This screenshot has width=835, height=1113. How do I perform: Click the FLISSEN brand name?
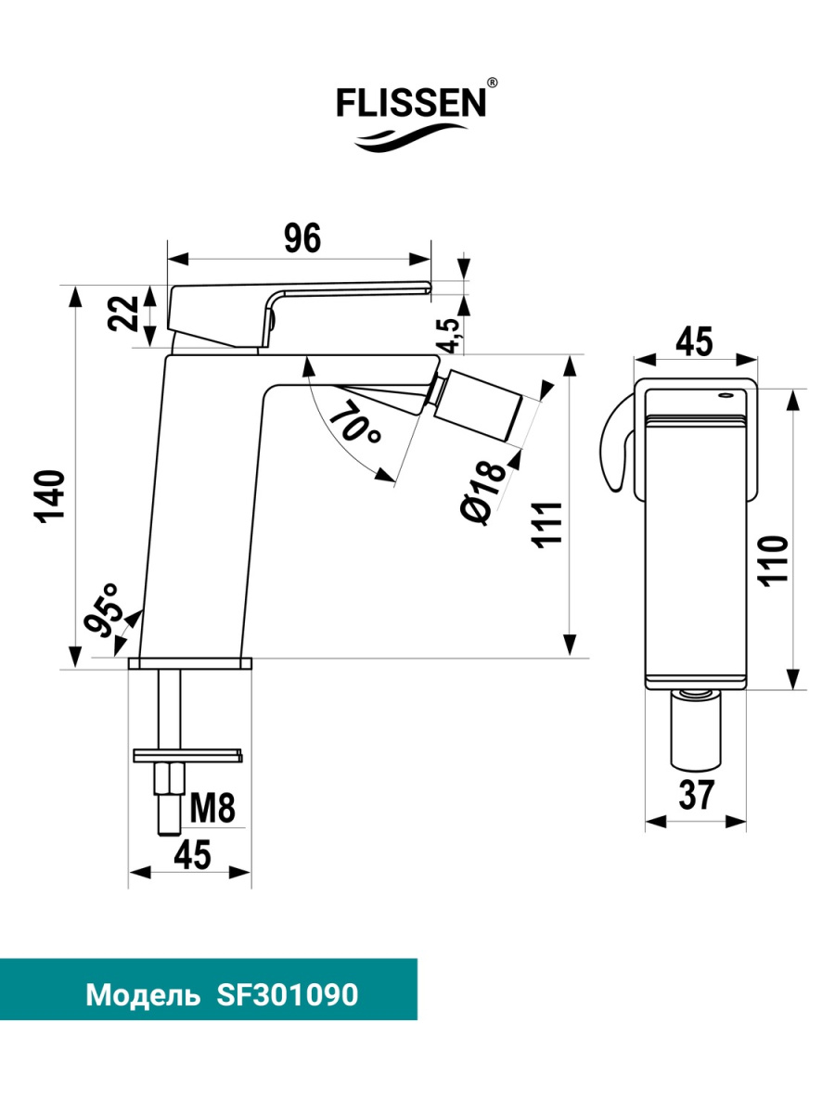click(411, 104)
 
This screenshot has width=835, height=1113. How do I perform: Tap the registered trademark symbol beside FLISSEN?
click(492, 83)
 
